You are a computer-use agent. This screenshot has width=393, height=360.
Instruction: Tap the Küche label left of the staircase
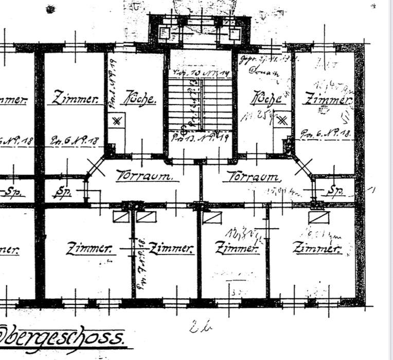[x=138, y=99]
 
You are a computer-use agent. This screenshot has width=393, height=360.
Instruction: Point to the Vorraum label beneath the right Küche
[x=253, y=176]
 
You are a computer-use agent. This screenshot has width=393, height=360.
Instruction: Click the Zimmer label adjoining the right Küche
[x=327, y=98]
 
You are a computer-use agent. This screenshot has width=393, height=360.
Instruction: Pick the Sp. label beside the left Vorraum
[x=63, y=193]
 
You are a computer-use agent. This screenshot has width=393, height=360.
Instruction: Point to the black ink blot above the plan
[x=50, y=9]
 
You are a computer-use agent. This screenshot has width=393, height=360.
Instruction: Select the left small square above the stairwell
[x=165, y=33]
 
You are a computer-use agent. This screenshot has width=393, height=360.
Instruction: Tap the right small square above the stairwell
[x=235, y=33]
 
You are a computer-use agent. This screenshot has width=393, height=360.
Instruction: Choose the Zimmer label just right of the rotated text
[x=173, y=249]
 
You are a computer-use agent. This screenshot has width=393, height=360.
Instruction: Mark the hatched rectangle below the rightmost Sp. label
[x=316, y=217]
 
